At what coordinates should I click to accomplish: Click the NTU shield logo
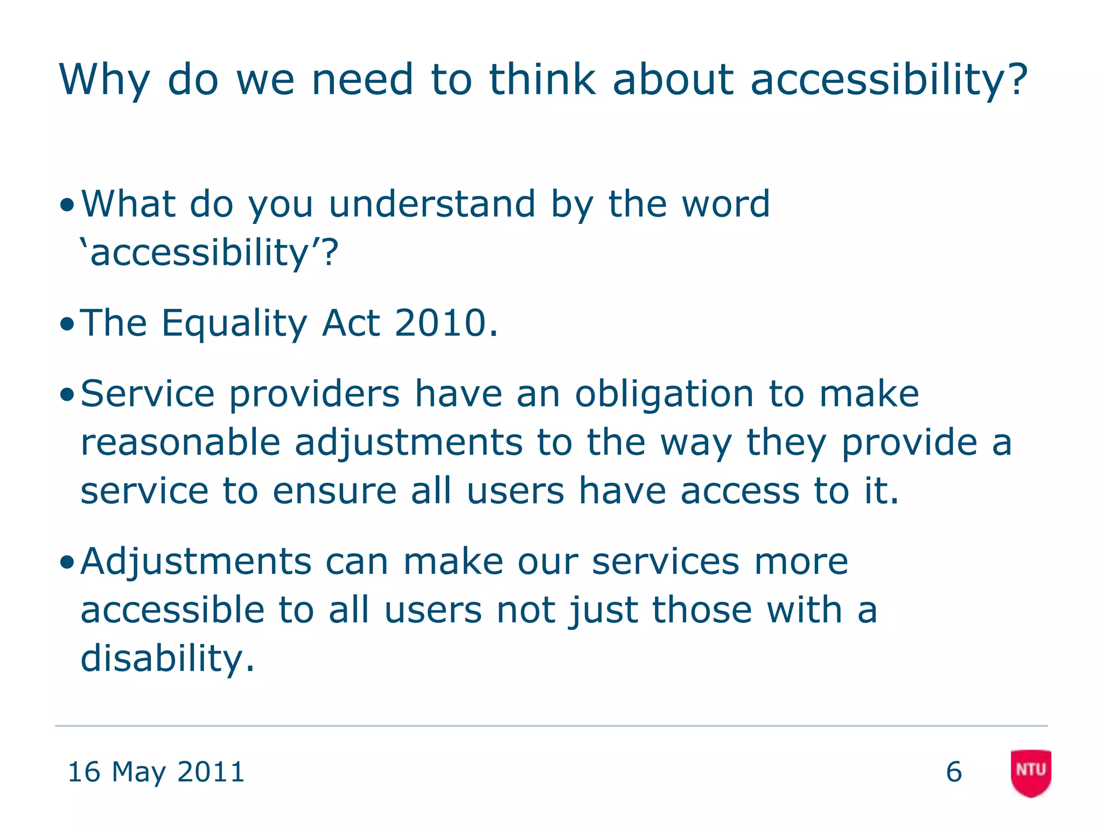1031,772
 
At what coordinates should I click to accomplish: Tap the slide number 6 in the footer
954,772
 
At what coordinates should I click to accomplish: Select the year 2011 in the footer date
211,772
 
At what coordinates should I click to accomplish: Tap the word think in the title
542,80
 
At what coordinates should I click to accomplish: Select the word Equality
234,324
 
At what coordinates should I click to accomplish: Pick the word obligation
665,394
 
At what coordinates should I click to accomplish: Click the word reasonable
180,443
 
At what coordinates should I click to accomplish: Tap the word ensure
334,491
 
